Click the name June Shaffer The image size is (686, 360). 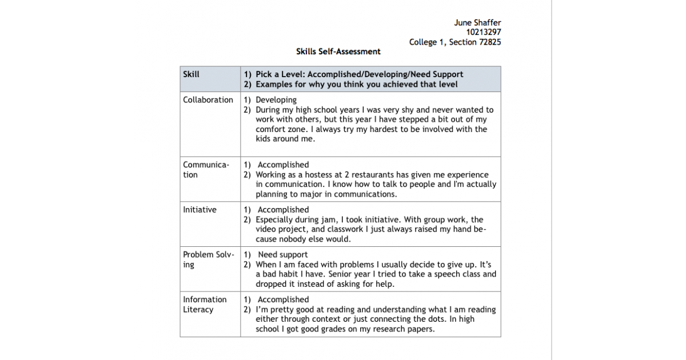point(477,23)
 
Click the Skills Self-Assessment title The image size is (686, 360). point(338,51)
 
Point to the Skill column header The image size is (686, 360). point(191,74)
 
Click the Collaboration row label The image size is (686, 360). point(208,100)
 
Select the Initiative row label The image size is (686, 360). point(200,210)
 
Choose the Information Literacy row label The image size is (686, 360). point(205,305)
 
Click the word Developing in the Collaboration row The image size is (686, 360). point(276,100)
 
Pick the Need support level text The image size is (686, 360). point(282,255)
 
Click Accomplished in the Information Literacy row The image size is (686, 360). point(283,299)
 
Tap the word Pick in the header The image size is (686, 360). point(265,74)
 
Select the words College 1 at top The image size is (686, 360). point(426,42)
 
